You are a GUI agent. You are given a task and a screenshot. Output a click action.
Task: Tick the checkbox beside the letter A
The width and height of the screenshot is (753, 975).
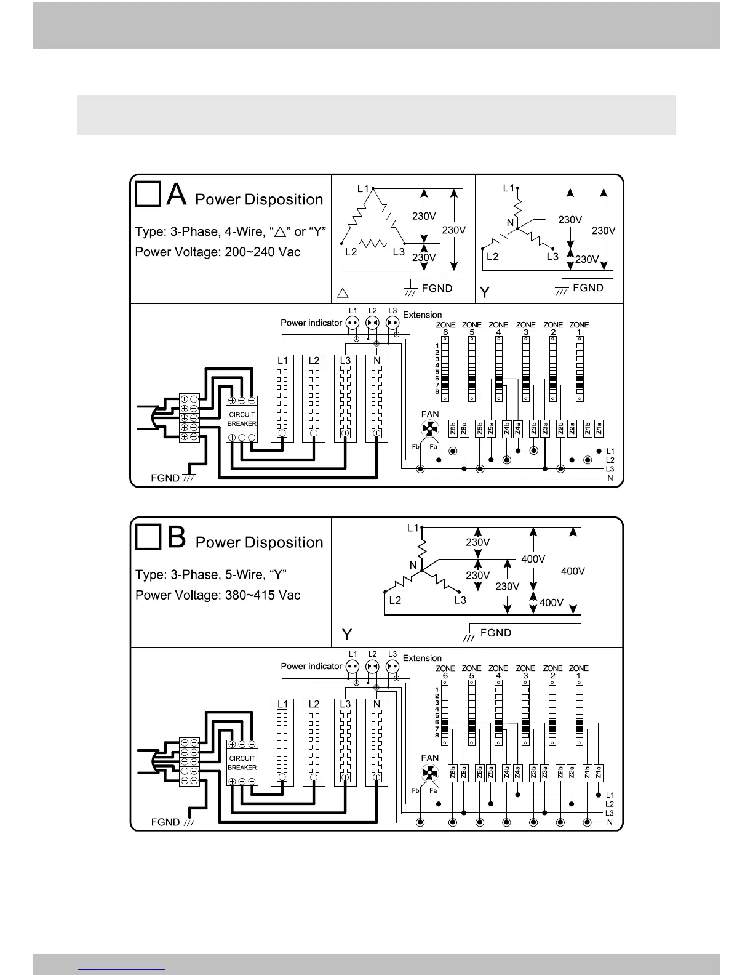click(x=148, y=195)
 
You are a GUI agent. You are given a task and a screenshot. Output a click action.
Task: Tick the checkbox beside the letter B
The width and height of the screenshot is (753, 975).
click(x=148, y=537)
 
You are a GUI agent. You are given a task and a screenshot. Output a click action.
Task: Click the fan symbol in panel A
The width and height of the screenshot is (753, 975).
click(x=429, y=430)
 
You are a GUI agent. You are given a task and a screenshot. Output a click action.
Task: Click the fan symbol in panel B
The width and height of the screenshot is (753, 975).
click(x=429, y=774)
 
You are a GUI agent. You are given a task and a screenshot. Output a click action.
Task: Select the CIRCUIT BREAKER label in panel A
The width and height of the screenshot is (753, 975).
click(x=242, y=419)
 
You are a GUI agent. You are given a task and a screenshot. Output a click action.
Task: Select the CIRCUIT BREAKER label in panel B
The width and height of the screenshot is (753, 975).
click(x=242, y=763)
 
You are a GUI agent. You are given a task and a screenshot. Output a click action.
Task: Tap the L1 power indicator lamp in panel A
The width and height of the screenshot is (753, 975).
click(x=352, y=323)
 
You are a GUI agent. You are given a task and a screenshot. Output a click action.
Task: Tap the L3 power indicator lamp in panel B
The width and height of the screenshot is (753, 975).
click(x=392, y=666)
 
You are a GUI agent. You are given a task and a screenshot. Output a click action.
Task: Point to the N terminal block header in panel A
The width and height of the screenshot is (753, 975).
click(x=376, y=361)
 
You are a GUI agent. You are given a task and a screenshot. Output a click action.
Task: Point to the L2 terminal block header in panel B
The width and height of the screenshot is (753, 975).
click(x=314, y=704)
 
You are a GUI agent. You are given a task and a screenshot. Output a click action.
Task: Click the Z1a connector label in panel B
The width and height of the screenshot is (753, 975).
click(x=599, y=772)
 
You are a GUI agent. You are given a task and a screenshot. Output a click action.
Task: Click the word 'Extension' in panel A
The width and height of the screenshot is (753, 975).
click(x=422, y=315)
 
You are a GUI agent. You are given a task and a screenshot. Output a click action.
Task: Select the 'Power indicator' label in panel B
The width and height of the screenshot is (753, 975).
click(x=311, y=666)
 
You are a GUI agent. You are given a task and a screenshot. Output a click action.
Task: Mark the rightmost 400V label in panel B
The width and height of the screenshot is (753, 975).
click(x=573, y=571)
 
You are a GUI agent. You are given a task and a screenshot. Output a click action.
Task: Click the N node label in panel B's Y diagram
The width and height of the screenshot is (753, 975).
click(x=413, y=565)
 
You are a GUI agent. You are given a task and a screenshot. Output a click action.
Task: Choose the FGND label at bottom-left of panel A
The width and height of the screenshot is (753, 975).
click(x=165, y=478)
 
